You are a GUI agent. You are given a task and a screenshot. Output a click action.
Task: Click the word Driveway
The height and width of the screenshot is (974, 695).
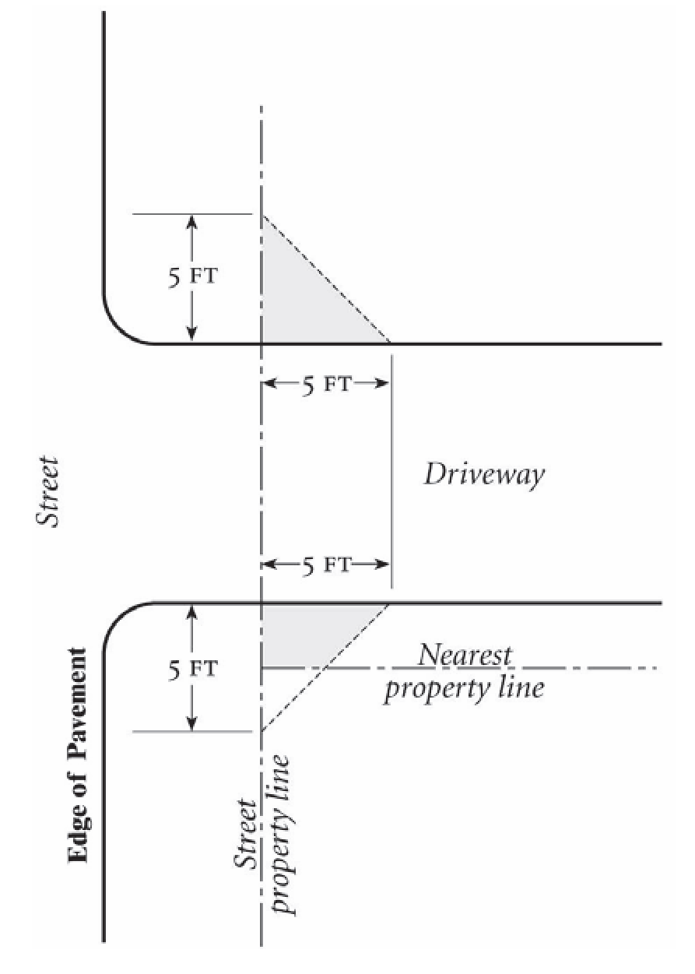(483, 474)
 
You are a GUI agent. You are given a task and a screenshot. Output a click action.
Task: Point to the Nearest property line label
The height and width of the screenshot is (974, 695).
(464, 671)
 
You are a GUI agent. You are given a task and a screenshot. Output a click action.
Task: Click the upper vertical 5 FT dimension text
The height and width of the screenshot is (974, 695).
(191, 278)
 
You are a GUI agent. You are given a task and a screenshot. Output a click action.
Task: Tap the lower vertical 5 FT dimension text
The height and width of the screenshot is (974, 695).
(191, 668)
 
